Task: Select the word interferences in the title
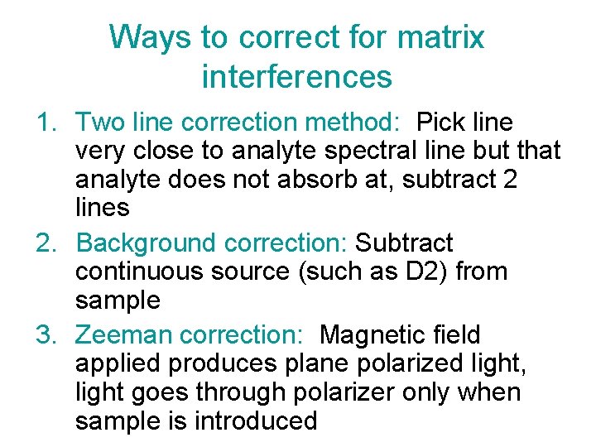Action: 296,77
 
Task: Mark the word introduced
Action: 256,421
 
